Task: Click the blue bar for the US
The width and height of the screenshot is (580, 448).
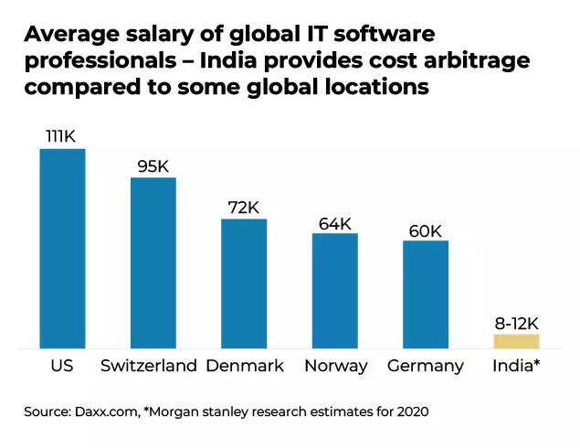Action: point(62,248)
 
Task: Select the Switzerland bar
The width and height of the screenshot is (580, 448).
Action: point(153,262)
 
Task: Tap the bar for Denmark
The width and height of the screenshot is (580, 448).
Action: point(244,283)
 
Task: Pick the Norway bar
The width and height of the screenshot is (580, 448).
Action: point(335,291)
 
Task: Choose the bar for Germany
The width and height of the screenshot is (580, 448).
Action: point(426,294)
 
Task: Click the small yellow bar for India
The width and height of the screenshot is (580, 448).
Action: point(517,341)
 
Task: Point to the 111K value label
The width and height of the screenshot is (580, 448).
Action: point(62,136)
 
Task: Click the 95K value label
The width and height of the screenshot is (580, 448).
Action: point(153,165)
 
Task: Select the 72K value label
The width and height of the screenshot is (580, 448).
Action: point(244,207)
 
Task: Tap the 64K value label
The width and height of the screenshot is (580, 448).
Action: point(335,222)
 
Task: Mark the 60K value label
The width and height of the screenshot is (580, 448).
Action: point(426,229)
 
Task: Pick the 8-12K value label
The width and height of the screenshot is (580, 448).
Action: point(517,323)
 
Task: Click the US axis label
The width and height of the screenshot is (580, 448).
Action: point(62,366)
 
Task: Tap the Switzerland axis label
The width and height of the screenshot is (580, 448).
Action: point(149,366)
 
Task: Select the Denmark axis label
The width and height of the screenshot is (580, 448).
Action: point(245,366)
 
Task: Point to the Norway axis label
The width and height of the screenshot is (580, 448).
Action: point(336,366)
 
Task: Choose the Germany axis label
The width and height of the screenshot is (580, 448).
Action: point(425,366)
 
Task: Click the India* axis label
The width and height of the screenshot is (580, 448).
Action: point(516,366)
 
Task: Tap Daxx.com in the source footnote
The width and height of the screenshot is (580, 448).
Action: point(108,412)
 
